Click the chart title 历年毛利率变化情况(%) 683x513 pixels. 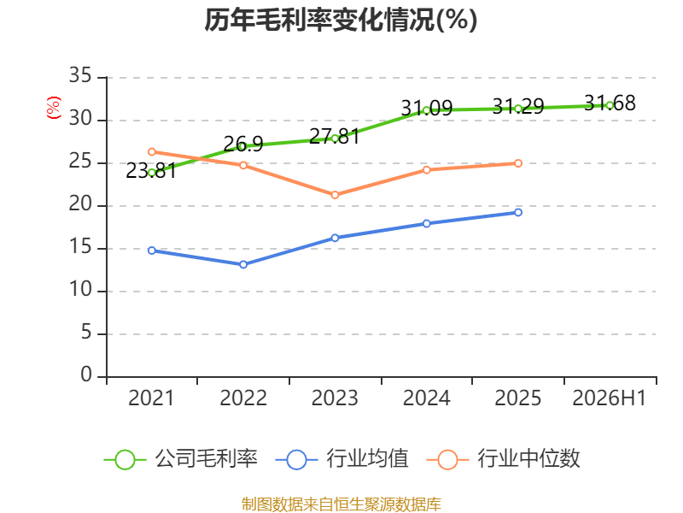coord(341,20)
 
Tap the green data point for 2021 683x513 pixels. coord(152,173)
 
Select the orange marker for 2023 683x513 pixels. coord(335,195)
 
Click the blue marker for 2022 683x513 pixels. coord(243,264)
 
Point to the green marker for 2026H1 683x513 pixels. coord(610,105)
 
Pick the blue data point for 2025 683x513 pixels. coord(518,212)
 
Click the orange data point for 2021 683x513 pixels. coord(152,152)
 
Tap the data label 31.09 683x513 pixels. coord(427,108)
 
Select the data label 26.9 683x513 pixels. coord(243,144)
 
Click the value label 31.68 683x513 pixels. coord(610,103)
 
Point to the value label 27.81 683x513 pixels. coord(335,137)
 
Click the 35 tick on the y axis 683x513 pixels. coord(80,76)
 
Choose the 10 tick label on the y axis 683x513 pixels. coord(80,290)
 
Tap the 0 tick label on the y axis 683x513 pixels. coord(86,375)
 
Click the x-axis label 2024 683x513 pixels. coord(426,398)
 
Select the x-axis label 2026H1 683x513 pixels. coord(609,398)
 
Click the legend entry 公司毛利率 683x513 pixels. coord(181,459)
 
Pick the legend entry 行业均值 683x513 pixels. coord(342,459)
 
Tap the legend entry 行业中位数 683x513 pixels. coord(503,459)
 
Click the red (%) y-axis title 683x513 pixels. coord(54,108)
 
